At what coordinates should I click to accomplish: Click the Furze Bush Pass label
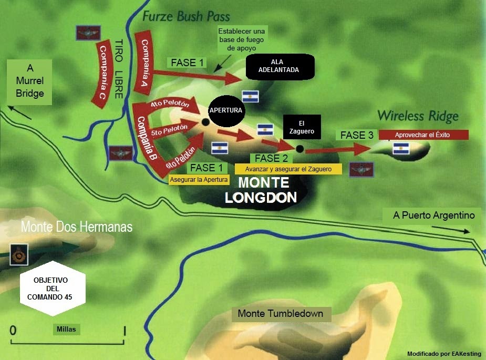(x=186, y=16)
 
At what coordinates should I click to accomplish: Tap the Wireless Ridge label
(x=418, y=116)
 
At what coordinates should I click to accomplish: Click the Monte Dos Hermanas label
(x=76, y=227)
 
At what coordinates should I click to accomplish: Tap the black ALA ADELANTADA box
(x=281, y=66)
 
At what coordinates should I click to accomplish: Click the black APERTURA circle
(x=225, y=111)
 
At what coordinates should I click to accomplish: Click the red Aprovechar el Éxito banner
(x=423, y=135)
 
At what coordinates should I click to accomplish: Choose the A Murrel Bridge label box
(x=29, y=81)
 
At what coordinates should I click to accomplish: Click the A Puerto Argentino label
(x=433, y=215)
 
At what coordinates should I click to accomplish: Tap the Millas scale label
(x=66, y=330)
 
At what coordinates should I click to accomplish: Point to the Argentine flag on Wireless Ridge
(x=401, y=148)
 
